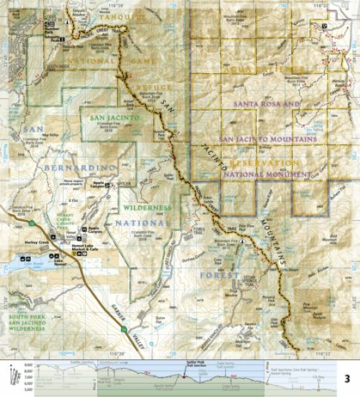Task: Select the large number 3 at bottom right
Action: pos(346,378)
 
